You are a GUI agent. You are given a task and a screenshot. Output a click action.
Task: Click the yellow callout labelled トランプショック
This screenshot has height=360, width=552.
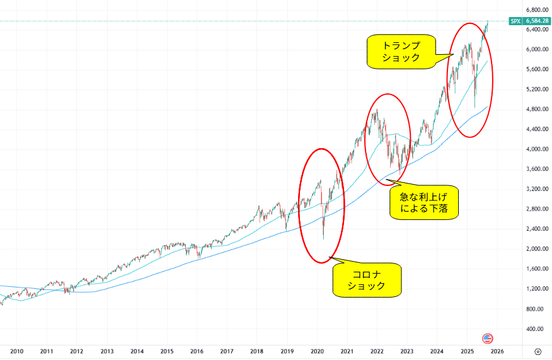(401, 52)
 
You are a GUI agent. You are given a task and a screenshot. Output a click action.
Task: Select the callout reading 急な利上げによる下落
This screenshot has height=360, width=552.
(423, 202)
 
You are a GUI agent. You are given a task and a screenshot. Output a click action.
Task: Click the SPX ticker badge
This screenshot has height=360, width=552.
(515, 21)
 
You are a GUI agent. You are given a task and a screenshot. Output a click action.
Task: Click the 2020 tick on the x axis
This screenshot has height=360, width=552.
(317, 351)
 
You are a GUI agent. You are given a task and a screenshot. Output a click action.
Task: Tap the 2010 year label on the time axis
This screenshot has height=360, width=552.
(16, 351)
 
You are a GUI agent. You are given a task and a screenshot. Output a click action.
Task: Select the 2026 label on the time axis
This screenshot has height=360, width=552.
(497, 351)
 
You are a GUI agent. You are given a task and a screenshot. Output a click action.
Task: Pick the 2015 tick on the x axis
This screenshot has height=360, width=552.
(166, 351)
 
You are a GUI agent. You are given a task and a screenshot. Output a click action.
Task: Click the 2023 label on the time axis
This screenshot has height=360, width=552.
(407, 351)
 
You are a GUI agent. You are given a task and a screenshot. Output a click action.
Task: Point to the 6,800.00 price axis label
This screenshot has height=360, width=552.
(536, 10)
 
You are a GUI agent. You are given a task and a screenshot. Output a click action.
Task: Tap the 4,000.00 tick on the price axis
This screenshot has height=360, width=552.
(536, 149)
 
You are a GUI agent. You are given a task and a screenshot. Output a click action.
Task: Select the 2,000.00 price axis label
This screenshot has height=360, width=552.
(536, 248)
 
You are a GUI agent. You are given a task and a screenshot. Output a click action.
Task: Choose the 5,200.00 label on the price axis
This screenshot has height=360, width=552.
(536, 90)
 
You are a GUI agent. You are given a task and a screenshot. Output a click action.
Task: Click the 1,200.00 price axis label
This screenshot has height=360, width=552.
(536, 289)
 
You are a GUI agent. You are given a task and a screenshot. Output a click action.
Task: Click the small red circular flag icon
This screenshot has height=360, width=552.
(486, 338)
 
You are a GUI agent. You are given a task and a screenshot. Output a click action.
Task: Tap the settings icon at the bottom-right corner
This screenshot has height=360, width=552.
(538, 351)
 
